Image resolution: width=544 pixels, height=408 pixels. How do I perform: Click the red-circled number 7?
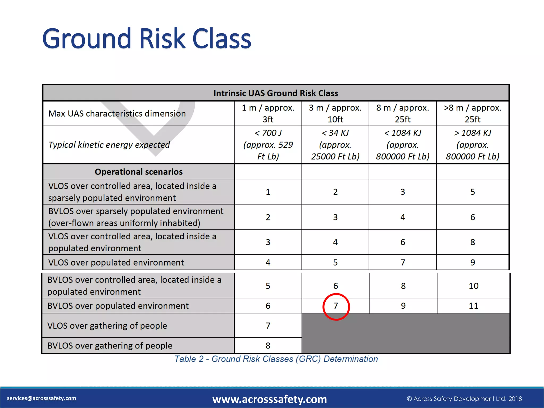pos(336,306)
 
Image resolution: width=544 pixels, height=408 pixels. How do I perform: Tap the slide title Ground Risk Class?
pos(146,39)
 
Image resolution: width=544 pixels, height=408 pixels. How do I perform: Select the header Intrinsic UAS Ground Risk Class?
pos(275,93)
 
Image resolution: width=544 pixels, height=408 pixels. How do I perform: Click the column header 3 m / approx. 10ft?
pos(335,113)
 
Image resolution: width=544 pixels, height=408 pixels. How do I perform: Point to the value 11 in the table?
pos(473,306)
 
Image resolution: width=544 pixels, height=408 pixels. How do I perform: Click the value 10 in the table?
pos(473,286)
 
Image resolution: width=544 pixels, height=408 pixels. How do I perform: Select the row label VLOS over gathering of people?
pos(107,326)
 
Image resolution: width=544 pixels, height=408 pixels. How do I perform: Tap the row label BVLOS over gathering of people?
pos(110,346)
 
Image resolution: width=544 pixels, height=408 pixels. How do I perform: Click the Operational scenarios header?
pos(139,172)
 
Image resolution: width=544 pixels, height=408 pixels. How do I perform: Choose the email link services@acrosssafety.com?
pos(41,398)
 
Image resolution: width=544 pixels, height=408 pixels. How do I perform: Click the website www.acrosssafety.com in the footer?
pos(269,399)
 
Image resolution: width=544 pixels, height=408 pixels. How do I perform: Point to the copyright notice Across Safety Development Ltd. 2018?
pos(464,399)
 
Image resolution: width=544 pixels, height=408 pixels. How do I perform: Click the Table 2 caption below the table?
pos(276,359)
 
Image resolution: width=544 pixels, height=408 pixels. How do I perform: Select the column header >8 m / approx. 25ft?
pos(473,113)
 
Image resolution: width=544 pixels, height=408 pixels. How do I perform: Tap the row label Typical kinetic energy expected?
pos(109,145)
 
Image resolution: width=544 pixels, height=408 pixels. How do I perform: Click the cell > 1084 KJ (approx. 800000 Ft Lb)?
pos(473,144)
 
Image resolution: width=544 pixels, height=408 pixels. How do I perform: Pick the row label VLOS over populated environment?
pos(116,262)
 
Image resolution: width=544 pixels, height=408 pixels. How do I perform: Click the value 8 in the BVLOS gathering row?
pos(268,346)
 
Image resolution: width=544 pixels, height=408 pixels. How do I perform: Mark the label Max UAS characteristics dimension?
pos(117,114)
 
